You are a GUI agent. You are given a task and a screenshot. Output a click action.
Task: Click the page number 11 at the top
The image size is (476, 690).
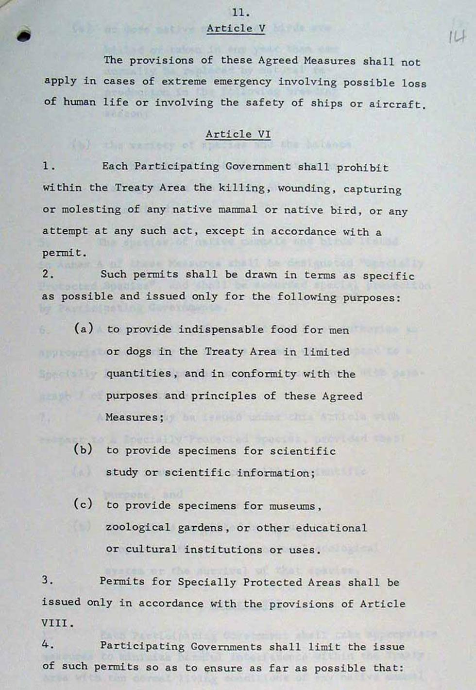[x=240, y=12]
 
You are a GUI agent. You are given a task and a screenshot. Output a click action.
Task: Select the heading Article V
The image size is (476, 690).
[x=236, y=28]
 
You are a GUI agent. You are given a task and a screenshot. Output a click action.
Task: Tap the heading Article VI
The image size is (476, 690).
[x=238, y=134]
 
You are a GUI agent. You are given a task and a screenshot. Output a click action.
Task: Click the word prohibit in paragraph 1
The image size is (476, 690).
[x=362, y=168]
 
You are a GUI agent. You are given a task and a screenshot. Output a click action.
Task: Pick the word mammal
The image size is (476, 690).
[x=224, y=210]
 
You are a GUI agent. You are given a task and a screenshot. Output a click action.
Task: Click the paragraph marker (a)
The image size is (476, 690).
[x=83, y=329]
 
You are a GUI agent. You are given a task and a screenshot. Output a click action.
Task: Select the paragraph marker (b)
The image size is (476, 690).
[x=83, y=449]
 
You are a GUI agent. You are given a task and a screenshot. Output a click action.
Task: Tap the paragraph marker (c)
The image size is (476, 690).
[x=83, y=504]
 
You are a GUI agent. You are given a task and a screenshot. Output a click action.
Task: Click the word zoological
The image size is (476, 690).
[x=138, y=528]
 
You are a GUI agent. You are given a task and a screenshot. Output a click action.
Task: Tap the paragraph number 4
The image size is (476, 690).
[x=47, y=645]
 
